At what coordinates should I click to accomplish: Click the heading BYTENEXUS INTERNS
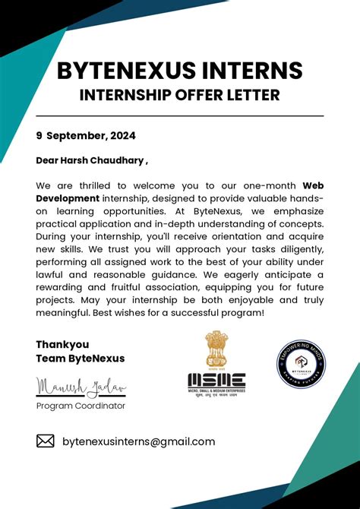(x=180, y=71)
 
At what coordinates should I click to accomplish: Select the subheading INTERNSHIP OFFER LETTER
(x=180, y=96)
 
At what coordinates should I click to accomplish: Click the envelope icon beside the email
(x=46, y=441)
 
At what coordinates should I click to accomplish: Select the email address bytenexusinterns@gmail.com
(x=138, y=441)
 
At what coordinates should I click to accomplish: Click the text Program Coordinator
(x=81, y=406)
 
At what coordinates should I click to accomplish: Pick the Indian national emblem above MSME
(x=216, y=349)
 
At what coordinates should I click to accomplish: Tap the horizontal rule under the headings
(x=180, y=115)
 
